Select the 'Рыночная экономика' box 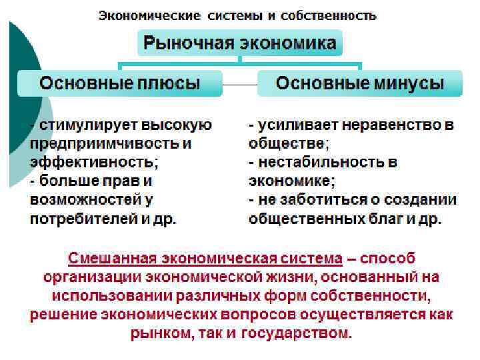(x=240, y=44)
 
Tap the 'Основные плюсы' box (x=120, y=83)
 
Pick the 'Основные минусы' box (x=360, y=83)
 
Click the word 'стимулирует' (x=81, y=125)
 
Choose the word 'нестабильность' (x=320, y=162)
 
